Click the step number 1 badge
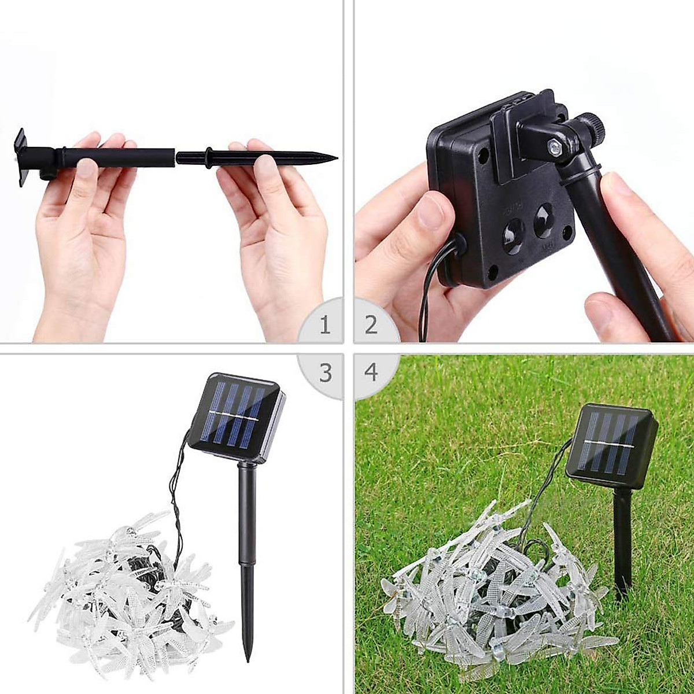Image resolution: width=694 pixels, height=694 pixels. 325,325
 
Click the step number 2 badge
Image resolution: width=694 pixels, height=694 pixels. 371,325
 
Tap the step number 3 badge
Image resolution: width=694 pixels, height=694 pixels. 325,373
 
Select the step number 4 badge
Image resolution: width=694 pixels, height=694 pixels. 371,373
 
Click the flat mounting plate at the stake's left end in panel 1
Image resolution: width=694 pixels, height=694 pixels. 21,157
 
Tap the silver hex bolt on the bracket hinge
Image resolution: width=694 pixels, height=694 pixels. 554,148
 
